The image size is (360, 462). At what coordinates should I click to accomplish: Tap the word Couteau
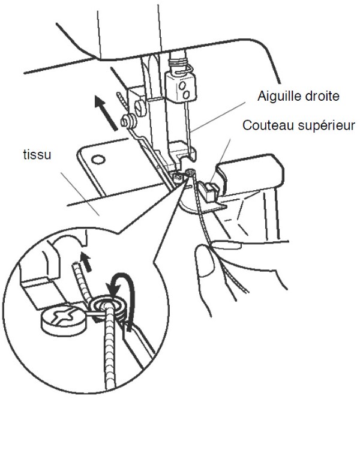click(x=265, y=127)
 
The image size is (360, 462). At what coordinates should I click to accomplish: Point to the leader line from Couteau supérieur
click(x=227, y=147)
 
